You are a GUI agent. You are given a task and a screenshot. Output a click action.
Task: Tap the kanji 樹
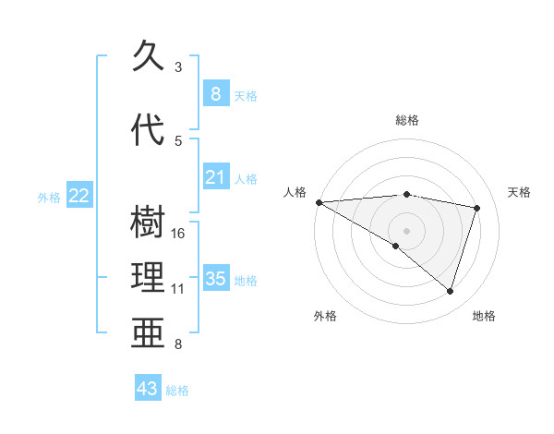point(150,223)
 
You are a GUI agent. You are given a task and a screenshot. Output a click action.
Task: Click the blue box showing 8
point(215,93)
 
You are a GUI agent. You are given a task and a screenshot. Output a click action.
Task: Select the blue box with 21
point(215,177)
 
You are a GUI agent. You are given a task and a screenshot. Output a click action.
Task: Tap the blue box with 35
point(215,279)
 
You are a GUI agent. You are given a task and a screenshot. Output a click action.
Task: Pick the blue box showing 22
point(79,195)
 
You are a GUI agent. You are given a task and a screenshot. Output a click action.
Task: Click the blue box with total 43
point(148,389)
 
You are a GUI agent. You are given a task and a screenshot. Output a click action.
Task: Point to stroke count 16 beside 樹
point(179,234)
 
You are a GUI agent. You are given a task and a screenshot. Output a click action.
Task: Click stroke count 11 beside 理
point(178,289)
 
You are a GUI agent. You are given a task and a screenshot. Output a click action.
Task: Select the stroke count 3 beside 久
point(178,67)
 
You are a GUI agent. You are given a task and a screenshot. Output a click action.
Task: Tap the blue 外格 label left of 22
point(49,197)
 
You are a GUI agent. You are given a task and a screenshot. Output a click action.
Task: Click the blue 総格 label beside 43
point(177,391)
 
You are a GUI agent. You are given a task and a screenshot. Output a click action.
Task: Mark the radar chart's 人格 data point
point(319,201)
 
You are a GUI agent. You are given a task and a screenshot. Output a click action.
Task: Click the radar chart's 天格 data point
point(477,208)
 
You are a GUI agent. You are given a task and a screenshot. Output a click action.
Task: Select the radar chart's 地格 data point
point(450,292)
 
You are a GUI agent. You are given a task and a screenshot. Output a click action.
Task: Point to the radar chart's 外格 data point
point(396,246)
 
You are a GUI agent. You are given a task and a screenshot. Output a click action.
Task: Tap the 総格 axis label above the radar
point(407,120)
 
